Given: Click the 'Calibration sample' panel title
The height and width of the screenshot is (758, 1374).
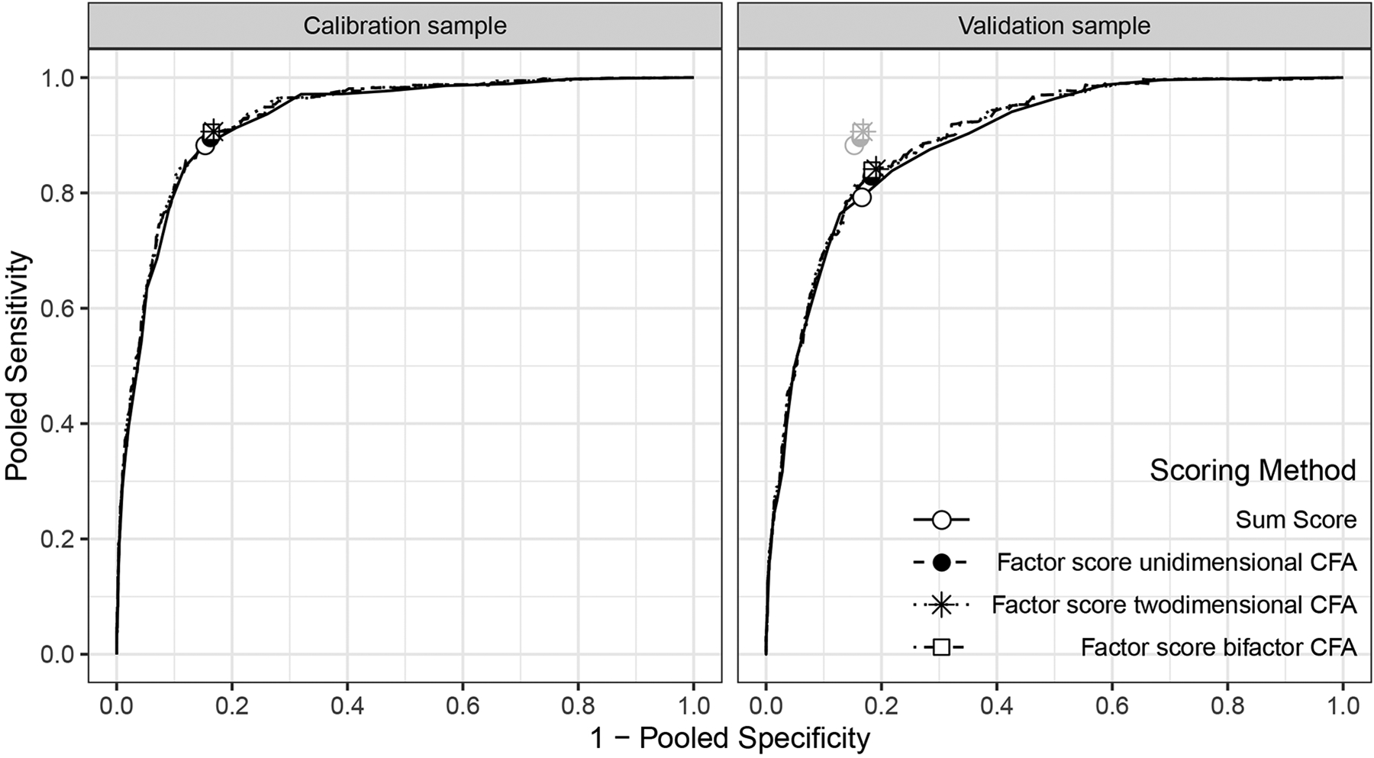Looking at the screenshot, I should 405,26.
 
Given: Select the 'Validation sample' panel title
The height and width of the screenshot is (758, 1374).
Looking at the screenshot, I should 1054,26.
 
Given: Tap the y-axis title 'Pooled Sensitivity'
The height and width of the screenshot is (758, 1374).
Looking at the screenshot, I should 17,366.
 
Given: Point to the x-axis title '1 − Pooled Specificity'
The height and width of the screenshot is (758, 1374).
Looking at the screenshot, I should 730,738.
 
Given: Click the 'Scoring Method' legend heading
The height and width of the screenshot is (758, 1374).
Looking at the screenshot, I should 1253,470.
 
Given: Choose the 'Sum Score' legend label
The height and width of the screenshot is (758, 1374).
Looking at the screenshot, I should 1296,520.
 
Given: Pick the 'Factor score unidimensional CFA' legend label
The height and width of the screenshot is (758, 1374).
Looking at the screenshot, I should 1176,563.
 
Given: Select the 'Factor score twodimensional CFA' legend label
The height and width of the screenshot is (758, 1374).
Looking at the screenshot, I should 1174,605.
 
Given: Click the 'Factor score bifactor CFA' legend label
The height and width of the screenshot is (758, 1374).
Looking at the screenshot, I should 1218,647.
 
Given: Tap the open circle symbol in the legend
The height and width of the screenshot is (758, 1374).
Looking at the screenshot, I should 941,521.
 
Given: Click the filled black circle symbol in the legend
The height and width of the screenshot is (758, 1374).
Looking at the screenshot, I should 941,563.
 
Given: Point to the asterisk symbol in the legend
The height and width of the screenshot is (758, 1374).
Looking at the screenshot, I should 941,605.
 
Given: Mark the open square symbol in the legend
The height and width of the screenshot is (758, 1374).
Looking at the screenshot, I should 941,647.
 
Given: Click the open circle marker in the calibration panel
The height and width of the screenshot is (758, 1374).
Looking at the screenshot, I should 205,145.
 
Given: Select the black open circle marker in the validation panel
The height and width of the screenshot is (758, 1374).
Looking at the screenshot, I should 862,197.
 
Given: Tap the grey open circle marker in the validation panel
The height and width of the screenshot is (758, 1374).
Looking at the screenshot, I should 854,144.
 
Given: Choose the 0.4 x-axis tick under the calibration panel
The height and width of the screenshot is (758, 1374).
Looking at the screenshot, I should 347,705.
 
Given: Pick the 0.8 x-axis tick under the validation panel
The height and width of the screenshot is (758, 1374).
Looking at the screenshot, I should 1227,705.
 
